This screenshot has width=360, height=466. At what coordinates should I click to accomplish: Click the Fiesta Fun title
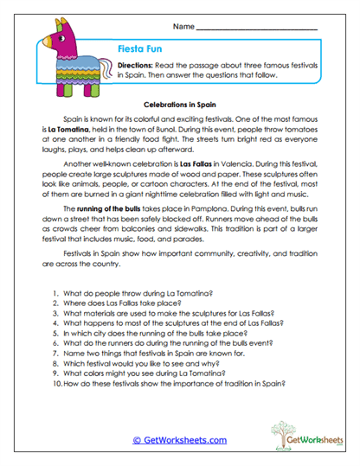coord(138,50)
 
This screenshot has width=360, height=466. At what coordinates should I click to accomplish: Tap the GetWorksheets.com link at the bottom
coord(179,439)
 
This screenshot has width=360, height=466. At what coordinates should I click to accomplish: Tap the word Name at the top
coord(183,28)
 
